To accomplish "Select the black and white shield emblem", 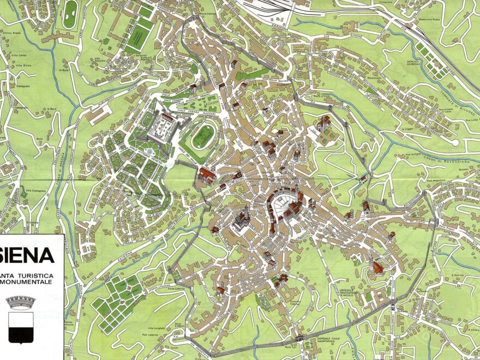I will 21,327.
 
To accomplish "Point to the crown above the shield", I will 21,302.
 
